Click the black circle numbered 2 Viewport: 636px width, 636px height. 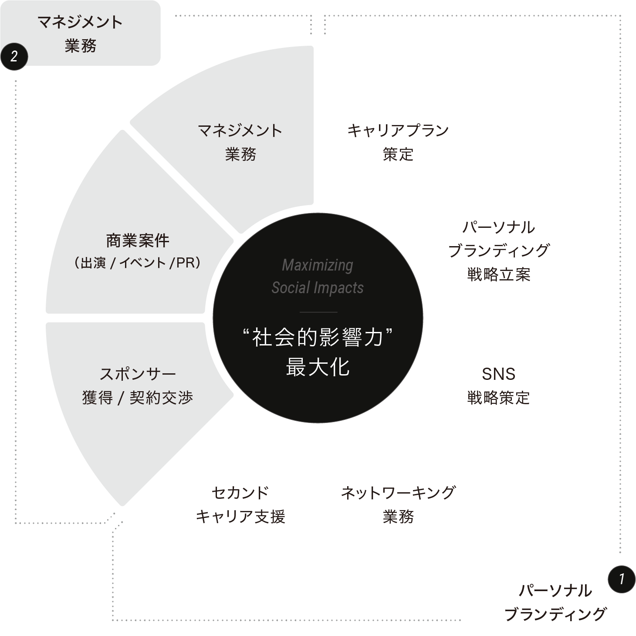tap(14, 56)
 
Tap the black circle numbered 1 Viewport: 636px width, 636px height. tap(621, 579)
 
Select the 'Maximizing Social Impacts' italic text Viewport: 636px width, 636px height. tap(318, 276)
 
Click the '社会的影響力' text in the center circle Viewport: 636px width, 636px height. tap(318, 338)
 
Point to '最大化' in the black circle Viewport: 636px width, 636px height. tap(318, 367)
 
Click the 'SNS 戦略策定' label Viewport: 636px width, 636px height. tap(498, 386)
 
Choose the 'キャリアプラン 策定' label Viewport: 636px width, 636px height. tap(398, 142)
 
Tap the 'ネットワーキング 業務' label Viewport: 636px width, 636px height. tap(398, 504)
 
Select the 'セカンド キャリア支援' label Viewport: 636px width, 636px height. tap(240, 504)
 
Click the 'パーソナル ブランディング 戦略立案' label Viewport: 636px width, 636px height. tap(498, 250)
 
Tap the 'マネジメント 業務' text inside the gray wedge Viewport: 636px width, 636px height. tap(240, 142)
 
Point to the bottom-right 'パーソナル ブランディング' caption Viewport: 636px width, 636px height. tap(555, 602)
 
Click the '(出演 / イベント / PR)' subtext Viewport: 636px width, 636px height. tap(137, 263)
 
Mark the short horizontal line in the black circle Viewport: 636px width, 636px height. tap(318, 312)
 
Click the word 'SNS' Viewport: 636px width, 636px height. tap(498, 374)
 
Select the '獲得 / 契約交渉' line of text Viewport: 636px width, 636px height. tap(137, 398)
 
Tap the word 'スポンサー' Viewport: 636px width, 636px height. tap(137, 374)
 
